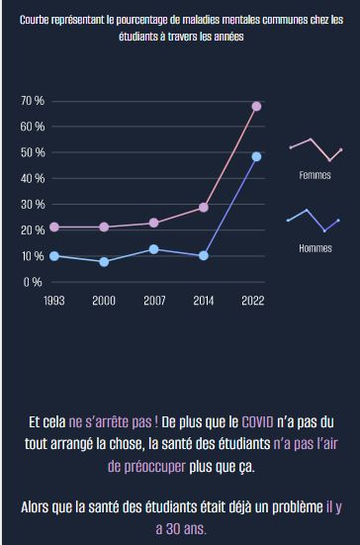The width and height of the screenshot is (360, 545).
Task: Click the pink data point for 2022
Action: tap(256, 106)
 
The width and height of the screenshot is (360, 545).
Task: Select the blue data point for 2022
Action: tap(256, 156)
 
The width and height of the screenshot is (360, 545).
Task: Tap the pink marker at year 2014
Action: tap(203, 208)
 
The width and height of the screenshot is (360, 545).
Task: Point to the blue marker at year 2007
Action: tap(153, 249)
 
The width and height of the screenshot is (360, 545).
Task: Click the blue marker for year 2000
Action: tap(104, 261)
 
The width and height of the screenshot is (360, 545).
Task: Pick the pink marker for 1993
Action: tap(54, 227)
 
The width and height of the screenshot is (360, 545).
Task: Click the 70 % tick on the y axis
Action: tap(32, 102)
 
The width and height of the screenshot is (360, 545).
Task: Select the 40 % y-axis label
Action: tap(32, 179)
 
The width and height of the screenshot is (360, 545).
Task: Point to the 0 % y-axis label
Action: tap(32, 282)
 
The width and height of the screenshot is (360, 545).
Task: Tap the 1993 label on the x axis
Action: tap(54, 301)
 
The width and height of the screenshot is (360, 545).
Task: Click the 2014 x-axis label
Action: tap(203, 301)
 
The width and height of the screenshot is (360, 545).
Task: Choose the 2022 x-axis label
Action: tap(253, 301)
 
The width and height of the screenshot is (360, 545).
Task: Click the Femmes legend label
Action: tap(315, 176)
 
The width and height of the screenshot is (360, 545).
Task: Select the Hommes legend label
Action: tap(315, 248)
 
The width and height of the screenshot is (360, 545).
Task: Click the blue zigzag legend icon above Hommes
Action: tap(313, 220)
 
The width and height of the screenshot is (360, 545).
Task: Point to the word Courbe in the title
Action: tap(40, 20)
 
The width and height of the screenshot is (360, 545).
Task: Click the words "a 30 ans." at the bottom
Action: tap(180, 528)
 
